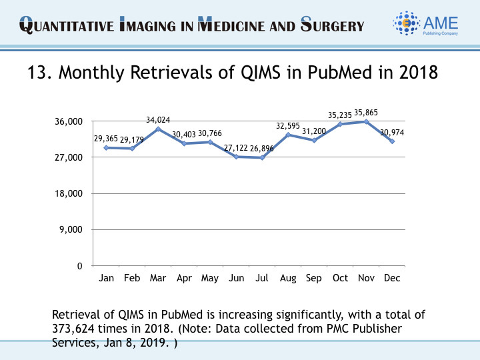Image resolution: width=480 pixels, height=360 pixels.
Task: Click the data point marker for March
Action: click(x=158, y=129)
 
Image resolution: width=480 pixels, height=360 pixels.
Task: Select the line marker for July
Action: click(x=262, y=157)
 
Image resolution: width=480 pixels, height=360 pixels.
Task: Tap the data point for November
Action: click(x=366, y=121)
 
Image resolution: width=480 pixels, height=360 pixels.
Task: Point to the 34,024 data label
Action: click(x=158, y=120)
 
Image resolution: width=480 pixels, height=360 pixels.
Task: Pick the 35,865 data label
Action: click(x=366, y=113)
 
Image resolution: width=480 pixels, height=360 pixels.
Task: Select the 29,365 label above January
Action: click(x=106, y=139)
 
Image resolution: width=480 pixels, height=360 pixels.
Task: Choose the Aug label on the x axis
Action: click(x=288, y=279)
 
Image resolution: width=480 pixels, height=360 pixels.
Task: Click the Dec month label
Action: click(x=392, y=279)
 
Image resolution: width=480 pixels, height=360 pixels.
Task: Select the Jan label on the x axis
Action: click(x=106, y=279)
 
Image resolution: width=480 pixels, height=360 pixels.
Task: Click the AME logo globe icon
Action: click(x=407, y=24)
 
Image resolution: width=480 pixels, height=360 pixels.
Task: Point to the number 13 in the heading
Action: click(x=35, y=73)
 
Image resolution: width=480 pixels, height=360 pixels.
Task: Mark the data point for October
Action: click(x=340, y=124)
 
